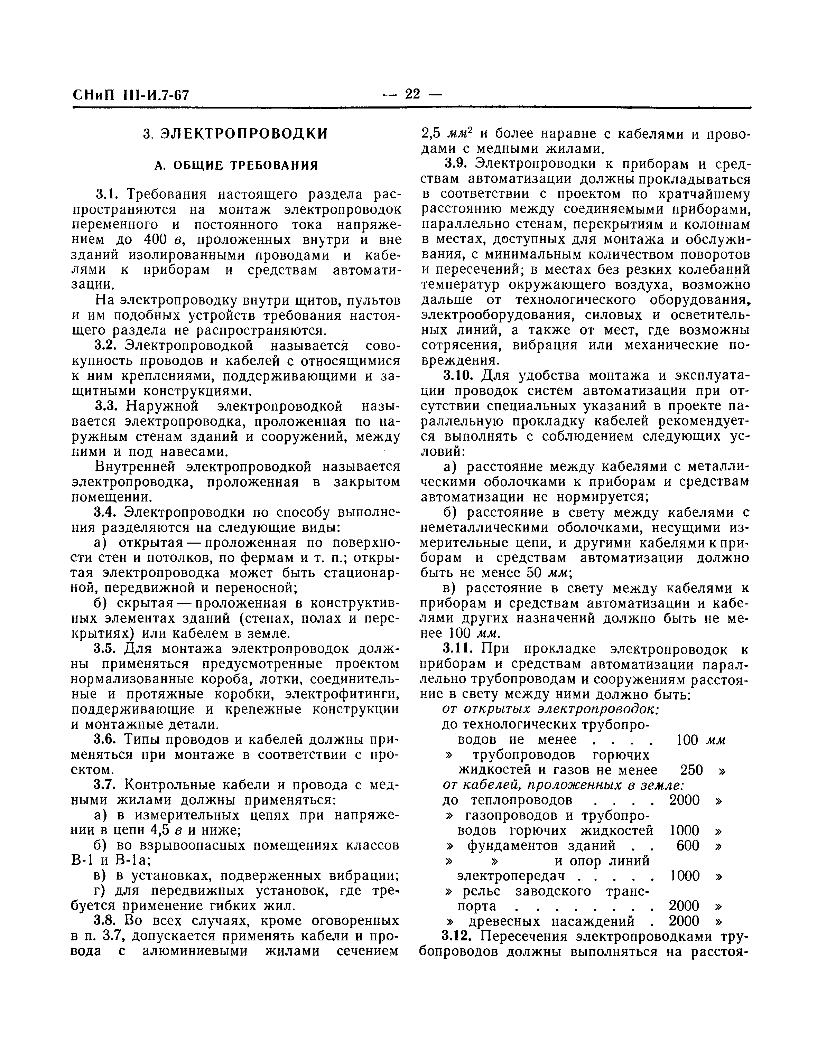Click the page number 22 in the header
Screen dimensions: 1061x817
412,94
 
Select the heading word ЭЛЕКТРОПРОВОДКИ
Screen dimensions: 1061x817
244,134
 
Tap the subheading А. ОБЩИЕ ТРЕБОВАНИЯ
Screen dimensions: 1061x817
236,166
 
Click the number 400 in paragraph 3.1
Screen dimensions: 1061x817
156,240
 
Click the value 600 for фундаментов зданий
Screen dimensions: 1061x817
688,846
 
